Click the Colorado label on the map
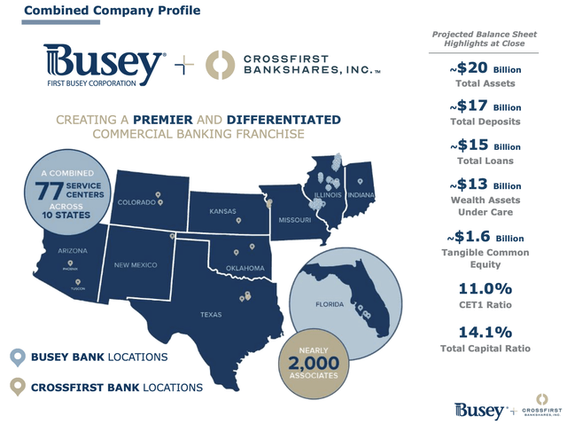(139, 203)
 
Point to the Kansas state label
(223, 213)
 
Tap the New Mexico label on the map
(136, 265)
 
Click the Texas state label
(212, 314)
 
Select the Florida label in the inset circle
(330, 304)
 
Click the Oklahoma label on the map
(245, 268)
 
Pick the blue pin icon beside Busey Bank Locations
(17, 357)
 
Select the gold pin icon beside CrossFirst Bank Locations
(17, 387)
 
